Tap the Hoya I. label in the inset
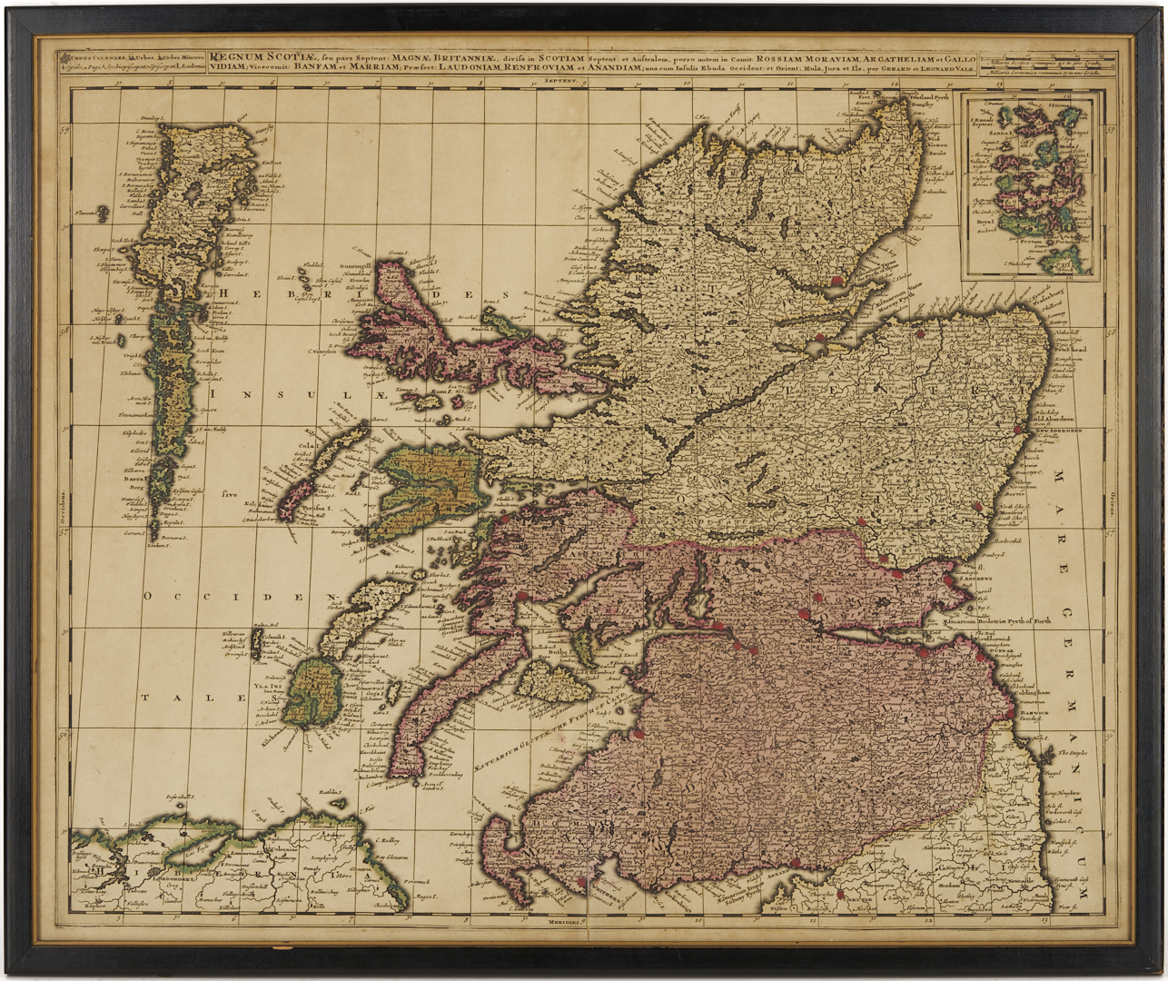coord(1012,219)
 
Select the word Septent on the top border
coord(562,81)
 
